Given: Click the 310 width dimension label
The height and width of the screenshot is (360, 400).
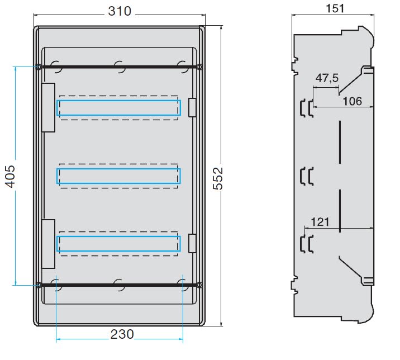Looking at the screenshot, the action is pyautogui.click(x=120, y=11).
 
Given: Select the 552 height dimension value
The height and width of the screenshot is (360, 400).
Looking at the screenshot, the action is pyautogui.click(x=218, y=178).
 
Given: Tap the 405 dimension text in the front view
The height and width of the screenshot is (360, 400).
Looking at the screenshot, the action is pyautogui.click(x=11, y=176).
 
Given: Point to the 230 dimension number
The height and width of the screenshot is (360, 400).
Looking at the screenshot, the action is pyautogui.click(x=122, y=334).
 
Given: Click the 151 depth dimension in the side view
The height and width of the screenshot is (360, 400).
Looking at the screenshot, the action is pyautogui.click(x=335, y=8).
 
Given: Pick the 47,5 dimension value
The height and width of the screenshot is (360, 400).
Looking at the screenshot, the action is pyautogui.click(x=327, y=78).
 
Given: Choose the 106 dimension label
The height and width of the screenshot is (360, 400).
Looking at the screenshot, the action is pyautogui.click(x=353, y=101).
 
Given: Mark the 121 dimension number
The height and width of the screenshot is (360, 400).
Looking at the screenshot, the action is pyautogui.click(x=320, y=222).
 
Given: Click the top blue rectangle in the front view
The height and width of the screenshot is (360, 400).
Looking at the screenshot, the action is pyautogui.click(x=118, y=101).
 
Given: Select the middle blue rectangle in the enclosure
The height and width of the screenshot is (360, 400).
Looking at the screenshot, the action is pyautogui.click(x=118, y=169).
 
